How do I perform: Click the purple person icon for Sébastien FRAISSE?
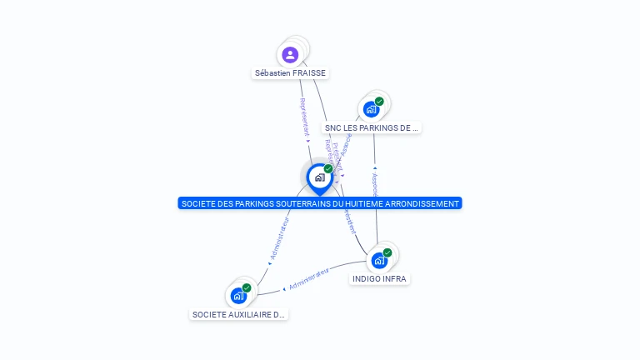[x=290, y=55]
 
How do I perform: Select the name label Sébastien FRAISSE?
[x=290, y=73]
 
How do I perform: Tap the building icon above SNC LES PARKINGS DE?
[x=371, y=109]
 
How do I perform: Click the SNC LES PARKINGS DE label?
[x=371, y=128]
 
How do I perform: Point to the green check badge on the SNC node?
[x=380, y=102]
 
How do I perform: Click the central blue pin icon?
[x=319, y=177]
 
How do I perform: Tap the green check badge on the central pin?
[x=328, y=169]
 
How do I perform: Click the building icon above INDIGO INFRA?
[x=379, y=260]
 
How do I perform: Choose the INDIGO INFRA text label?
[x=379, y=279]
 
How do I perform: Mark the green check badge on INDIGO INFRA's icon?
[x=387, y=252]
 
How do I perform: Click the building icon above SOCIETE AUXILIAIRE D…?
[x=238, y=296]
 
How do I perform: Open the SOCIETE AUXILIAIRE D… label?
[x=239, y=315]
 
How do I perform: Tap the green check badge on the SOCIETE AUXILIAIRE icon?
[x=247, y=288]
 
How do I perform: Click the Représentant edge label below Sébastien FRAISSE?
[x=303, y=117]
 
